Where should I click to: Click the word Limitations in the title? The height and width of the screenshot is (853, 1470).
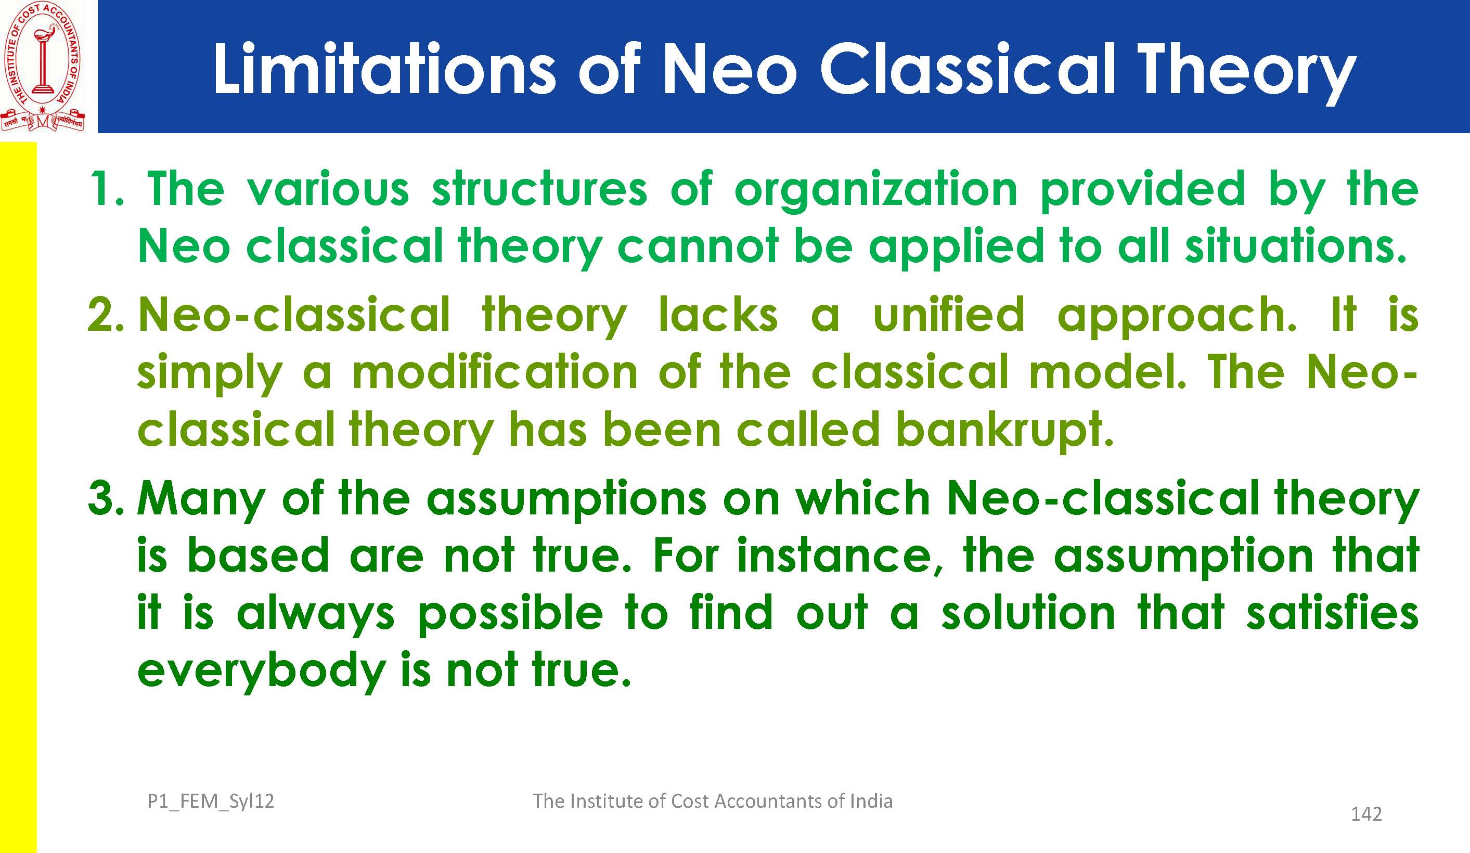pos(384,69)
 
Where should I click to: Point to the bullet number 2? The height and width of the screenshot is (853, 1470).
pos(105,315)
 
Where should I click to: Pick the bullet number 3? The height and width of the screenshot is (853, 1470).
pos(106,499)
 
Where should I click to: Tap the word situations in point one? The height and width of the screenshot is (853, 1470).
pos(1296,245)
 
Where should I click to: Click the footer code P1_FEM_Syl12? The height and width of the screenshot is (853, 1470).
pos(211,801)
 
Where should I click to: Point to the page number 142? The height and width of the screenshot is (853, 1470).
pos(1366,814)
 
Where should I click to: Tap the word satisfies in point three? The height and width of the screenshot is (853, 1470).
pos(1332,613)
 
